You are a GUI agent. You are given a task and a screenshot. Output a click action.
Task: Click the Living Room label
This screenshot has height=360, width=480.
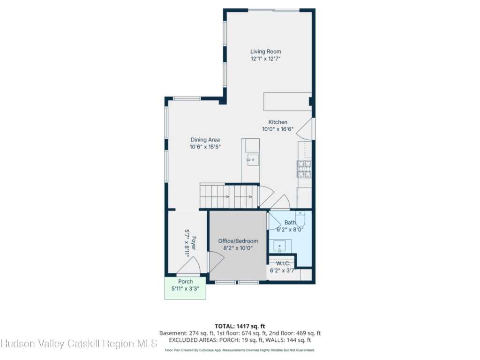tap(265, 52)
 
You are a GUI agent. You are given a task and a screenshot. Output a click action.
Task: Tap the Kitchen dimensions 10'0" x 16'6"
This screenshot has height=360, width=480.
tap(278, 129)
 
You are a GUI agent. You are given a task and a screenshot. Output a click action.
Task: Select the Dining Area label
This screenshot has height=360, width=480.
tap(205, 140)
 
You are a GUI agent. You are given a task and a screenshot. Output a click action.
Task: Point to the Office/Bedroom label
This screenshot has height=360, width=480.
tap(238, 241)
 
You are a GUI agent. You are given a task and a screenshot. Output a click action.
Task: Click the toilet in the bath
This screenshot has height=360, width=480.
tap(300, 218)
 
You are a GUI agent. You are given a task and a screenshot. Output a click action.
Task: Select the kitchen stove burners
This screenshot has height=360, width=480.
tap(304, 169)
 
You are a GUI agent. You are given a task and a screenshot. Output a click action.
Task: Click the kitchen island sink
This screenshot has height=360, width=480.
tap(253, 160)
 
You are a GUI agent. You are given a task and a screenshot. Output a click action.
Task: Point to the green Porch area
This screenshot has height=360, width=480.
tap(185, 288)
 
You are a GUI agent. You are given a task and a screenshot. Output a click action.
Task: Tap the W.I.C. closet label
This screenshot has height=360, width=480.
tap(283, 263)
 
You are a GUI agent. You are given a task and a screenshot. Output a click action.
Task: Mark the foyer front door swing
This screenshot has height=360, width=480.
tap(189, 265)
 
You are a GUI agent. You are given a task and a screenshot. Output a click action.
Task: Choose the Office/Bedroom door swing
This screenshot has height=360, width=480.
tap(216, 262)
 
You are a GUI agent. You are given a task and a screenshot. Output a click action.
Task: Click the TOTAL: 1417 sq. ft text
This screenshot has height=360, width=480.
tap(240, 326)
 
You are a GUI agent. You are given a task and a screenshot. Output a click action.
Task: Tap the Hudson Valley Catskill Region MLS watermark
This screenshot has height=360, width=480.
tap(79, 344)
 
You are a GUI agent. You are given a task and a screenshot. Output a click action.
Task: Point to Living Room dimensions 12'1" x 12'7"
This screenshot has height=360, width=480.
tap(266, 59)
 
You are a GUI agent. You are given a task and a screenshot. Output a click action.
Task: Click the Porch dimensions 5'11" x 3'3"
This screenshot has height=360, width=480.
tap(186, 288)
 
